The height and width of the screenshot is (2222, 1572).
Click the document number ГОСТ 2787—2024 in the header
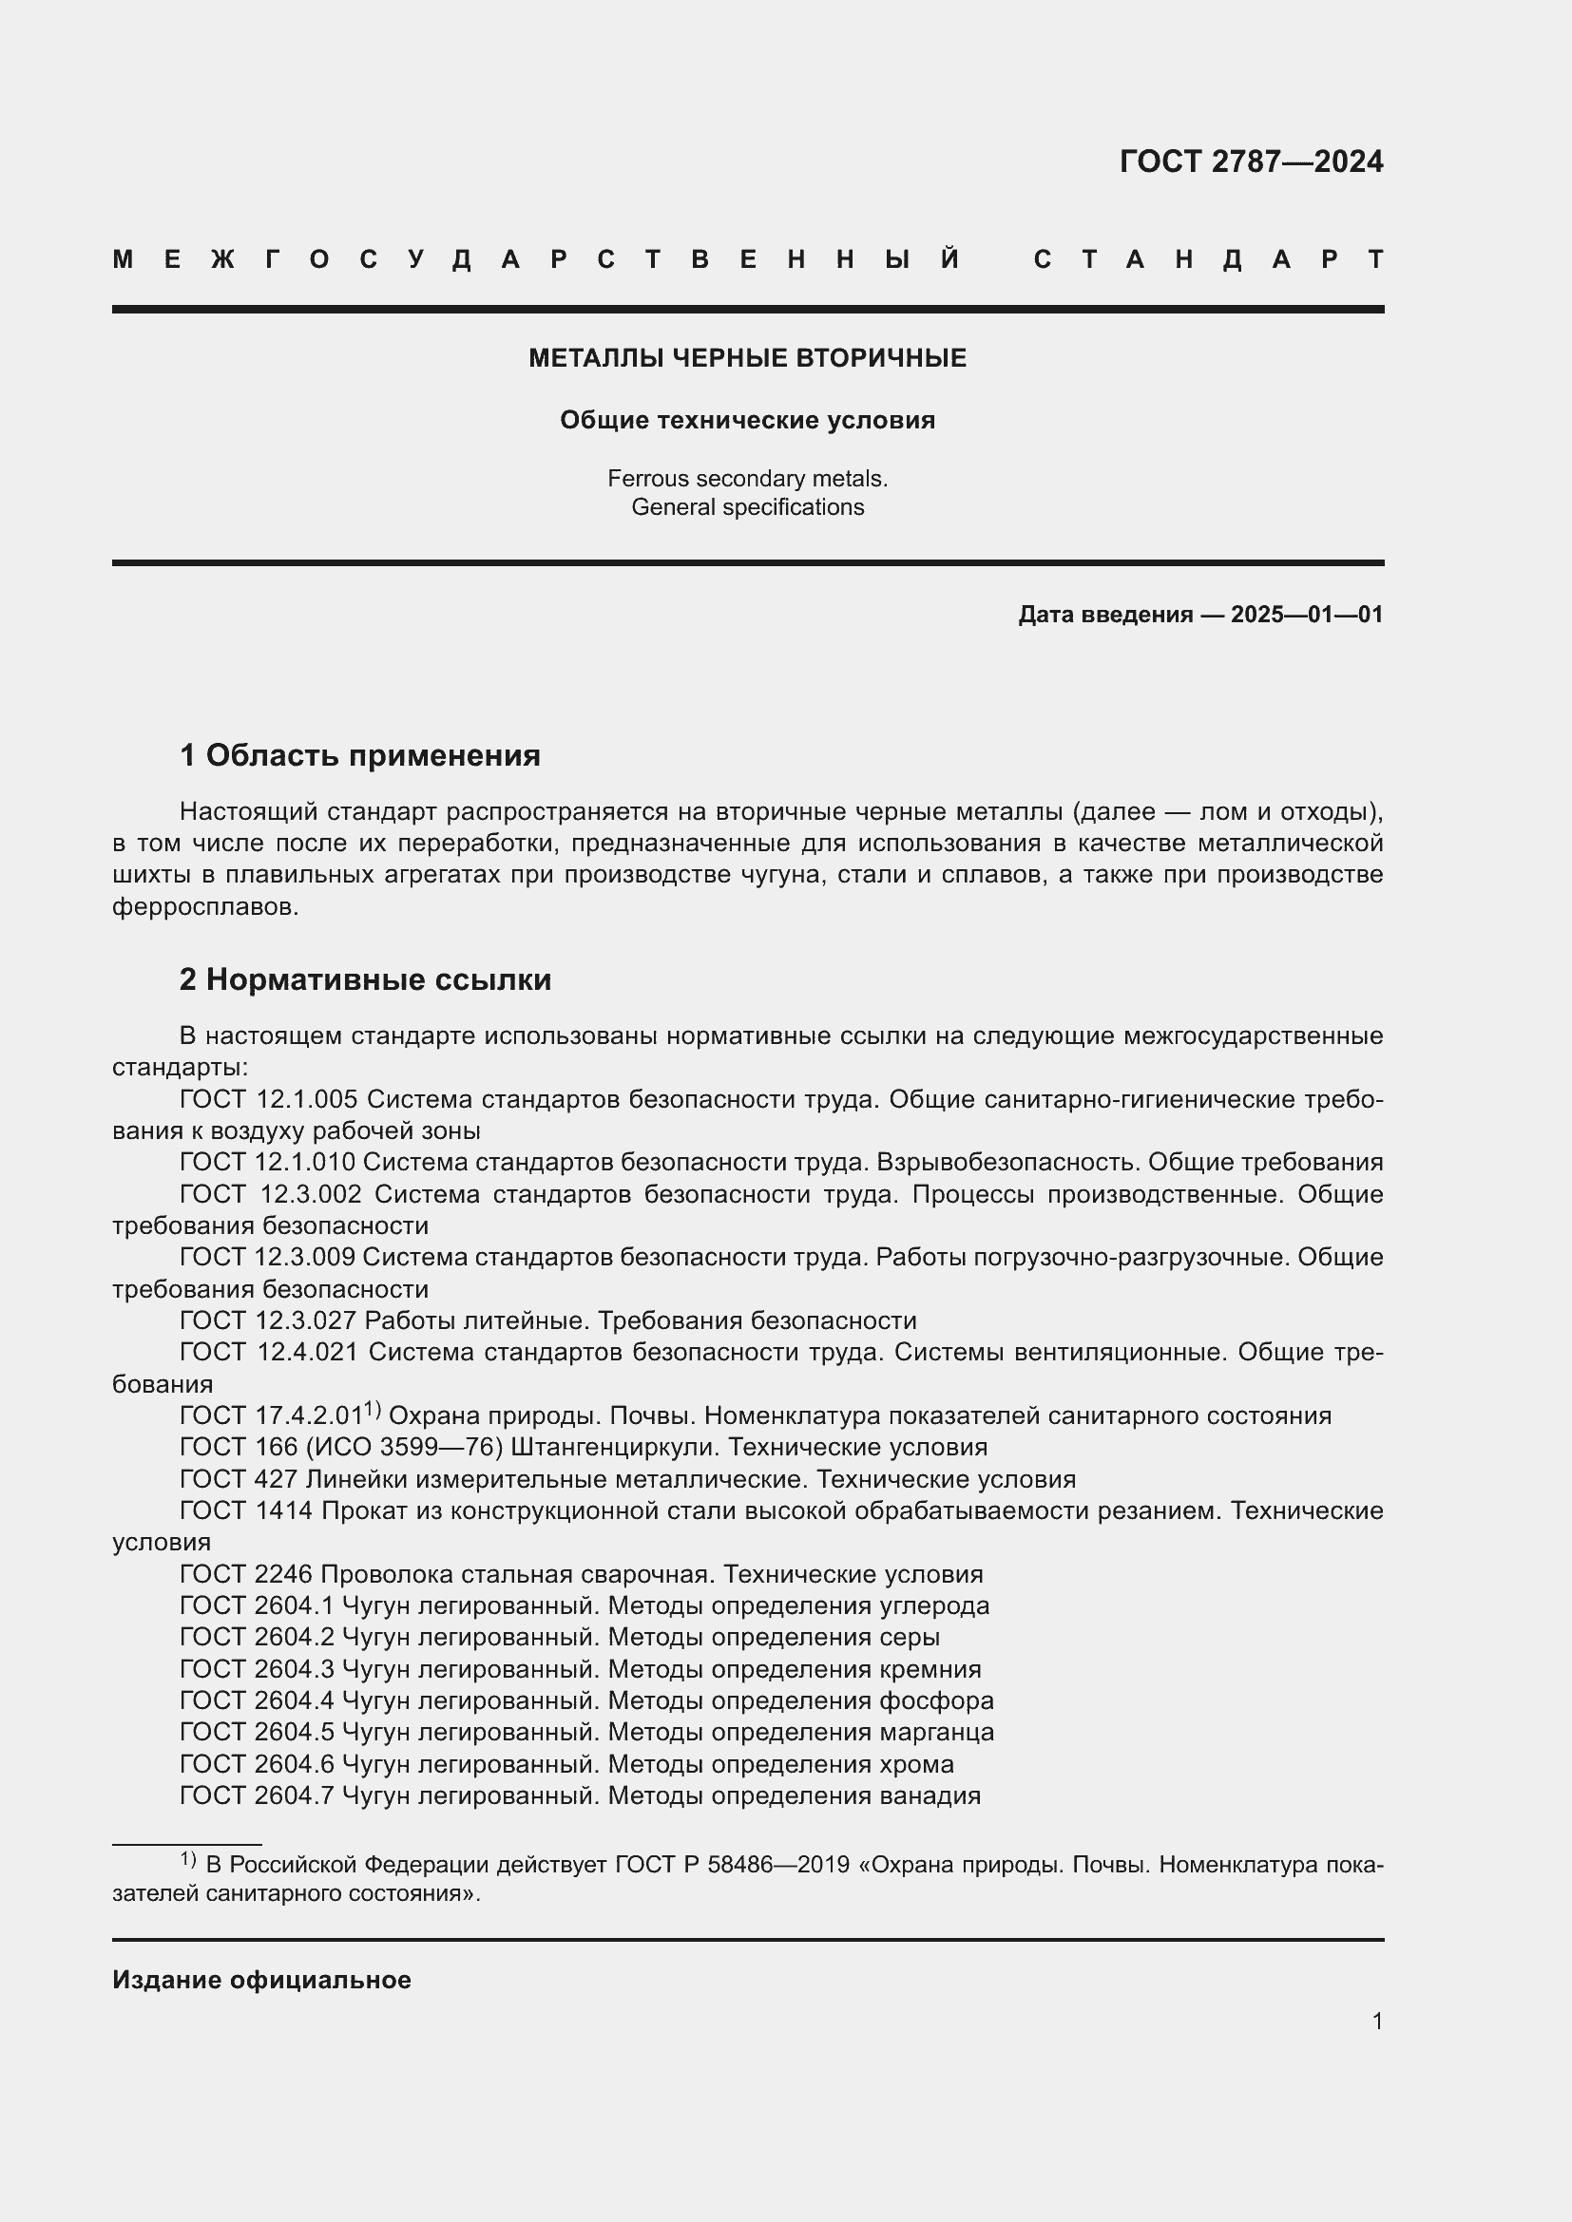[1251, 161]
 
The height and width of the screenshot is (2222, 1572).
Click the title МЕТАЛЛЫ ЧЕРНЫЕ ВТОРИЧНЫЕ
[747, 358]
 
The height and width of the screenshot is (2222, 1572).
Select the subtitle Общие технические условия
[747, 420]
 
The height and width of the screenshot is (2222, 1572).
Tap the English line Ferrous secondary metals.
[747, 478]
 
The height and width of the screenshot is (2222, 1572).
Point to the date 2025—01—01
[1307, 615]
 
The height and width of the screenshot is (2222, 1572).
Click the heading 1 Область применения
[360, 755]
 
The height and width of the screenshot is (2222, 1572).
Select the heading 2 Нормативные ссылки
[365, 979]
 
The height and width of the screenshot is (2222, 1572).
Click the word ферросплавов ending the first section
[204, 907]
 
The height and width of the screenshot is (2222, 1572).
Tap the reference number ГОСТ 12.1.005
[268, 1099]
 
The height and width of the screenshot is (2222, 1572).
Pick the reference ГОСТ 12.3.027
[268, 1321]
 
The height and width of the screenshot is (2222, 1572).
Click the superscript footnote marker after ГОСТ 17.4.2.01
[373, 1410]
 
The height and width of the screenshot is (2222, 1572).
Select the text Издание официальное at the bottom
[261, 1980]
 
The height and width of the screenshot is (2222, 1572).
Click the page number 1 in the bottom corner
[1376, 2022]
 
